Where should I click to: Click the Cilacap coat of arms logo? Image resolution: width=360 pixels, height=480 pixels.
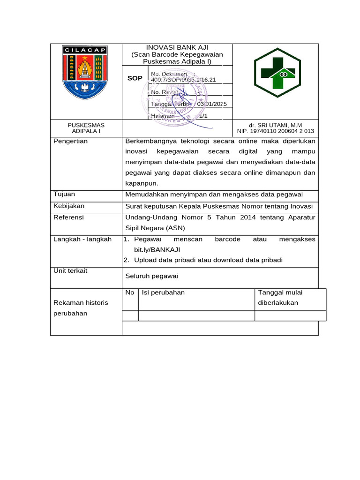tap(85, 72)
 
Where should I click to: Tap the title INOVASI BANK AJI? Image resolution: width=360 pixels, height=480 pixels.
tap(177, 48)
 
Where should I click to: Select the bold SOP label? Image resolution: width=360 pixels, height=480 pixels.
tap(135, 78)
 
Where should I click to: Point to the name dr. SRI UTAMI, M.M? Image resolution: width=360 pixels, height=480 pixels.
tap(276, 125)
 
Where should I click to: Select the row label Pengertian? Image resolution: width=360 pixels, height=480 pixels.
tap(70, 141)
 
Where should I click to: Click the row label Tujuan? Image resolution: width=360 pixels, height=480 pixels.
tap(64, 194)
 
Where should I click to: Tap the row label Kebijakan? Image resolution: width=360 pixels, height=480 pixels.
tap(69, 206)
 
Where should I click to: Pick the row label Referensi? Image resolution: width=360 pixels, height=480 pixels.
tap(68, 217)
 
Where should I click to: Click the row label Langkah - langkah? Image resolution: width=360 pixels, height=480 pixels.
tap(82, 240)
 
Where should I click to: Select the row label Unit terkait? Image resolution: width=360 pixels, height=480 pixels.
tap(70, 271)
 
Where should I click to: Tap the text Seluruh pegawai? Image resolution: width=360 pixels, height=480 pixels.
tap(151, 276)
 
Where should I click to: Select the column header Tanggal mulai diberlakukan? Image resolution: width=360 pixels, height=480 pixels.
tap(280, 297)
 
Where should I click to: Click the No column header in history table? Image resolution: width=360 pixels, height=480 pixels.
tap(130, 292)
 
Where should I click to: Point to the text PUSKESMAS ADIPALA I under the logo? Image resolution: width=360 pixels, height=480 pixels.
tap(86, 128)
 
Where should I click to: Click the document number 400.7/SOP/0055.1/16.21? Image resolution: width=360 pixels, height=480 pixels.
tap(183, 80)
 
